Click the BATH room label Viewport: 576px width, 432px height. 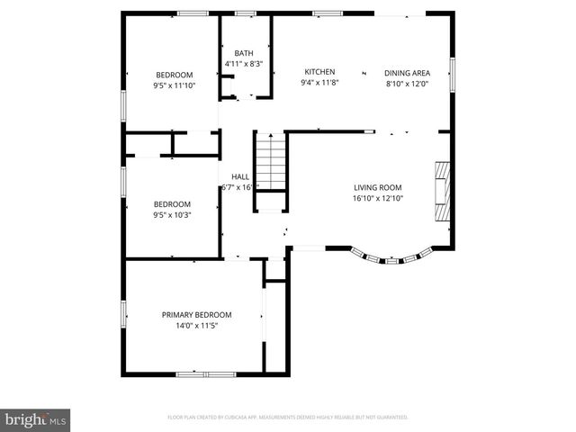pos(243,53)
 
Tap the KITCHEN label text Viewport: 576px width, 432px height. pos(319,72)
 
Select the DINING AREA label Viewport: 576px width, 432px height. pos(407,72)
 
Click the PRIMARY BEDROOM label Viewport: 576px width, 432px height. pos(196,315)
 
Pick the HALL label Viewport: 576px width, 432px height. pos(240,177)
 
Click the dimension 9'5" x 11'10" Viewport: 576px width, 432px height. pos(175,85)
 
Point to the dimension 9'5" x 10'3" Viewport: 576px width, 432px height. pos(172,215)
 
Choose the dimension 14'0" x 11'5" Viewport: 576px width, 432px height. pos(196,326)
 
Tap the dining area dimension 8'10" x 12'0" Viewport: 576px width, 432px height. pos(407,83)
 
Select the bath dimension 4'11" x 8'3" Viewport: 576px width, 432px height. pos(243,64)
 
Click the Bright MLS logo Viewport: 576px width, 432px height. pos(36,418)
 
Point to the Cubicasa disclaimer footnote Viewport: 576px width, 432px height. pos(288,418)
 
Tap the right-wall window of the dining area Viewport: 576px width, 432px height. pos(453,74)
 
